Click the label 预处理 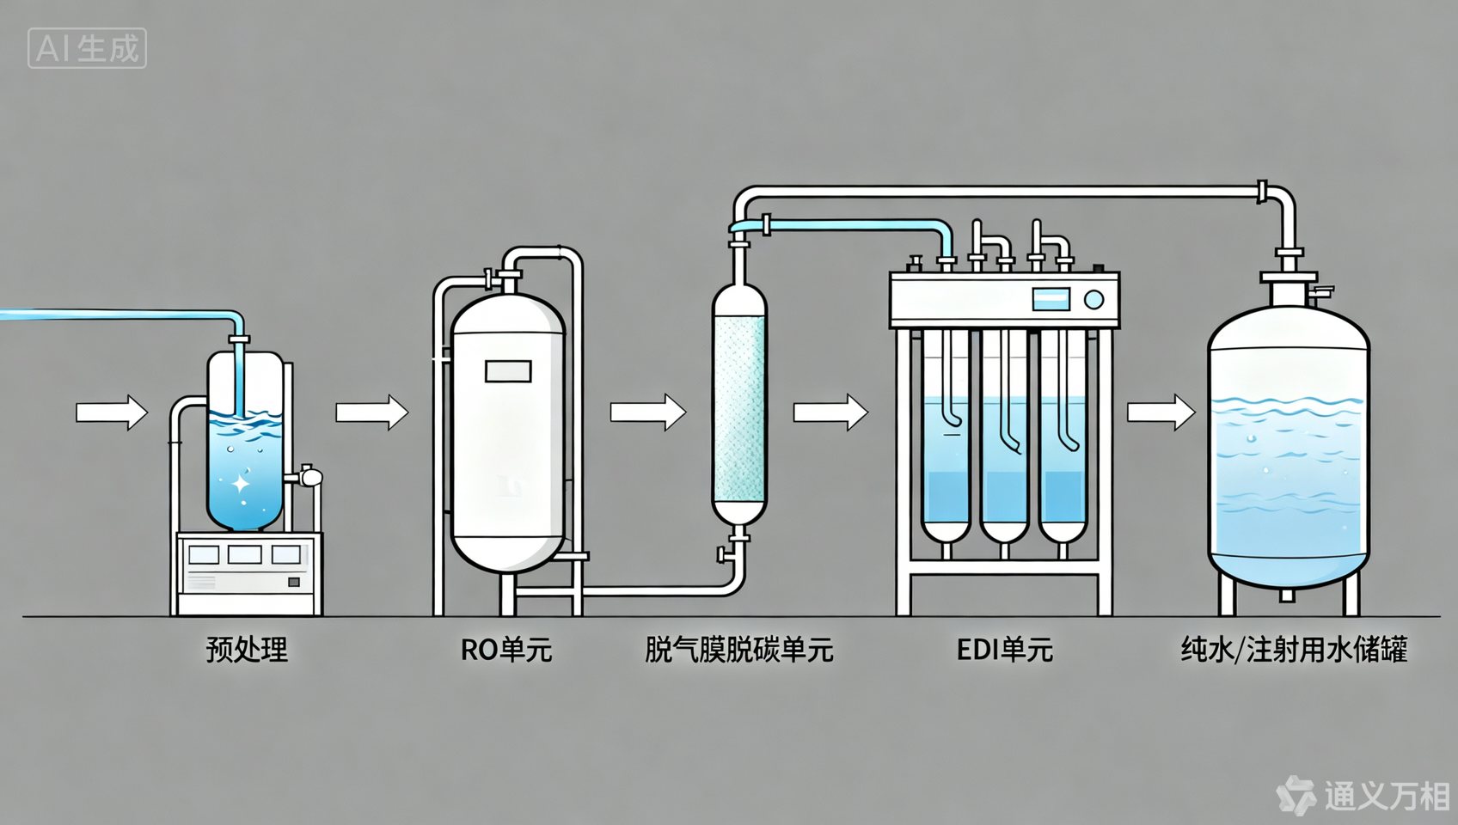pyautogui.click(x=247, y=650)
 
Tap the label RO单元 pyautogui.click(x=505, y=650)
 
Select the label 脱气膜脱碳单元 pyautogui.click(x=738, y=650)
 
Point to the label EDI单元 pyautogui.click(x=1004, y=650)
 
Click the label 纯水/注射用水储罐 pyautogui.click(x=1294, y=650)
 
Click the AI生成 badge pyautogui.click(x=87, y=48)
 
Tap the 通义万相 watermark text pyautogui.click(x=1386, y=796)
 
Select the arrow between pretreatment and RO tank pyautogui.click(x=371, y=412)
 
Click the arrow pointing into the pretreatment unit pyautogui.click(x=112, y=412)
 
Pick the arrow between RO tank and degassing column pyautogui.click(x=647, y=412)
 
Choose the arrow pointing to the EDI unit pyautogui.click(x=830, y=412)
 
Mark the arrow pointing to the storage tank pyautogui.click(x=1161, y=412)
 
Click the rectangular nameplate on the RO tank pyautogui.click(x=508, y=371)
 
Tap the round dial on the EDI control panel pyautogui.click(x=1093, y=300)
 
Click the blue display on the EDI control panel pyautogui.click(x=1051, y=300)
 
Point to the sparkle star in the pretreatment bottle pyautogui.click(x=241, y=484)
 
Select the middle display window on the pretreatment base pyautogui.click(x=244, y=554)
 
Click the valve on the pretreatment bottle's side pyautogui.click(x=309, y=475)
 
